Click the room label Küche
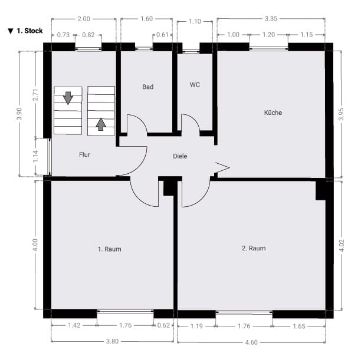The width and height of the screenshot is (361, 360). tap(273, 113)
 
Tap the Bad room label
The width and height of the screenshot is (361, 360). tap(148, 87)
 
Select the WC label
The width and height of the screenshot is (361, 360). tap(195, 85)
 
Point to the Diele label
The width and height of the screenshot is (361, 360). tap(180, 156)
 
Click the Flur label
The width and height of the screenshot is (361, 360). tap(84, 154)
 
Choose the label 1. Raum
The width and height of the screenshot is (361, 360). tap(109, 249)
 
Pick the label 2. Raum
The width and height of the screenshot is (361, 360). tap(254, 248)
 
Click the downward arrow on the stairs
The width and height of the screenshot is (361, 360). tap(68, 98)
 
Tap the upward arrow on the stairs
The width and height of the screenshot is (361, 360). tap(101, 124)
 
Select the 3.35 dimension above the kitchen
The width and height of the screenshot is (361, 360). tap(271, 19)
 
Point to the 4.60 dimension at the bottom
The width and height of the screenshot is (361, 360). tap(251, 342)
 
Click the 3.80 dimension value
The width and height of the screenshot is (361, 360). tap(112, 341)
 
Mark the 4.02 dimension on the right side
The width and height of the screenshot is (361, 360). tap(342, 245)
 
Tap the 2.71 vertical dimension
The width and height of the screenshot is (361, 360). tap(35, 95)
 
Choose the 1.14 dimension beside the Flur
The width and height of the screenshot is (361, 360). tap(35, 156)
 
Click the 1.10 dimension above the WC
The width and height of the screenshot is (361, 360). tap(195, 21)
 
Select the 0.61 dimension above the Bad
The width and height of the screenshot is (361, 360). tap(162, 35)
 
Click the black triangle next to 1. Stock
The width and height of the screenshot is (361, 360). tap(11, 31)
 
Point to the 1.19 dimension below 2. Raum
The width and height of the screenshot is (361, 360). tap(196, 326)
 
